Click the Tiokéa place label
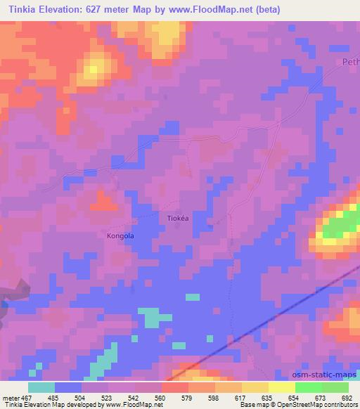click(177, 218)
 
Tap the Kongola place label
click(120, 235)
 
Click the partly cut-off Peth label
click(350, 63)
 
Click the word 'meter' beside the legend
click(11, 397)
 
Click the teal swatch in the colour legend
click(41, 387)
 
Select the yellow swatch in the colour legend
click(281, 387)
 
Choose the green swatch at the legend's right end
click(335, 387)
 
